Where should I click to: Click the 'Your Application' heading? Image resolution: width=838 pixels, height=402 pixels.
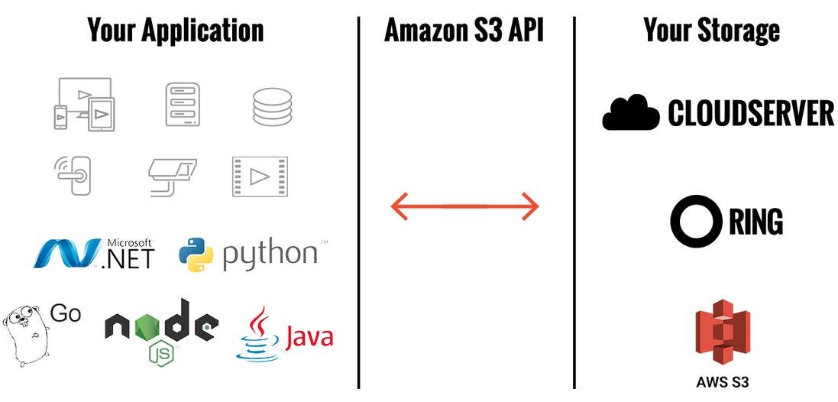tap(175, 30)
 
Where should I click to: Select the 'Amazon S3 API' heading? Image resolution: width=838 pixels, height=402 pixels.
tap(464, 30)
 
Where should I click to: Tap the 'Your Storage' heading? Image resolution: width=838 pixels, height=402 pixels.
tap(711, 30)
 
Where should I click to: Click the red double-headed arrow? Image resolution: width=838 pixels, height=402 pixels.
tap(464, 206)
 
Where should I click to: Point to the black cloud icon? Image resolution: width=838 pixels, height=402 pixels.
tap(631, 114)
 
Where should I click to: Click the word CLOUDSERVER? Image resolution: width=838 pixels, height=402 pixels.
tap(750, 114)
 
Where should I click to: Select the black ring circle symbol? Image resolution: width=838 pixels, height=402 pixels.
tap(695, 222)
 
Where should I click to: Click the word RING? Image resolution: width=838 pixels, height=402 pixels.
tap(755, 222)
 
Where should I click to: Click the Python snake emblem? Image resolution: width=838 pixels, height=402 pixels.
tap(196, 254)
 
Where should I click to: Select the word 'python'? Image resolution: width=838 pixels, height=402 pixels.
tap(269, 254)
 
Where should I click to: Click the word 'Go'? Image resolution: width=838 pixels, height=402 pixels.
tap(66, 313)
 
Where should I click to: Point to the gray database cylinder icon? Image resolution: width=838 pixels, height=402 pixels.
tap(272, 107)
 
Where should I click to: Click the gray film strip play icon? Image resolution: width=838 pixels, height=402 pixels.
tap(260, 177)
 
